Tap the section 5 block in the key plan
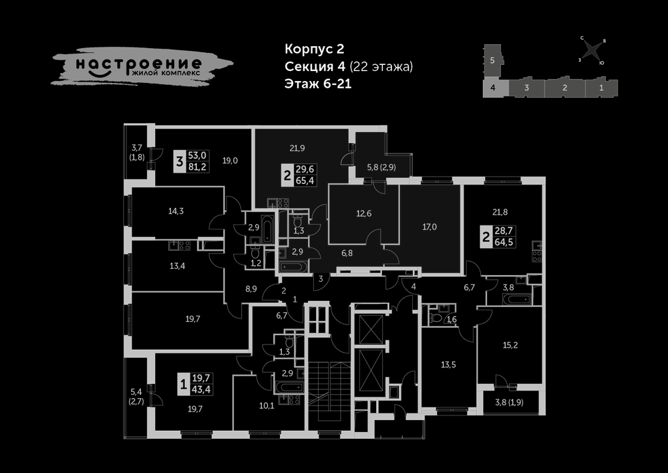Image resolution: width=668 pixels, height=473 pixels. point(492,62)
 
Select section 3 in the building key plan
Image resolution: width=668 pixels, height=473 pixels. point(526,88)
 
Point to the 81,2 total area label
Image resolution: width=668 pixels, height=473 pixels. point(197,167)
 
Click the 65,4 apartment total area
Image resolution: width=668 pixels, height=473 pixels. point(305,181)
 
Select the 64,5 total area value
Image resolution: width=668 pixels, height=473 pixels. point(504,242)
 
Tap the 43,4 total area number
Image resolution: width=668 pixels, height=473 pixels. point(200,389)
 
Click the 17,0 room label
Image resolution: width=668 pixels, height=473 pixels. point(430,227)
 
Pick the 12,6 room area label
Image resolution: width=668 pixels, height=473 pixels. point(363,213)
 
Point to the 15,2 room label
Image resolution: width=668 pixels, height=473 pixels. point(510,345)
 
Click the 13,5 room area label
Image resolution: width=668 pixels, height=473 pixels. point(448,365)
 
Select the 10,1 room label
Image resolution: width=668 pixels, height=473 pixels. point(267,405)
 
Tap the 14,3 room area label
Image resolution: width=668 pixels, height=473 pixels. point(176,211)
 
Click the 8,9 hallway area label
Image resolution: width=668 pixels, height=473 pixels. point(251,289)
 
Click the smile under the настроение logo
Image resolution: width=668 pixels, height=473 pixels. point(100,74)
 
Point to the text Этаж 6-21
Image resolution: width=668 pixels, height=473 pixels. point(318,84)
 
